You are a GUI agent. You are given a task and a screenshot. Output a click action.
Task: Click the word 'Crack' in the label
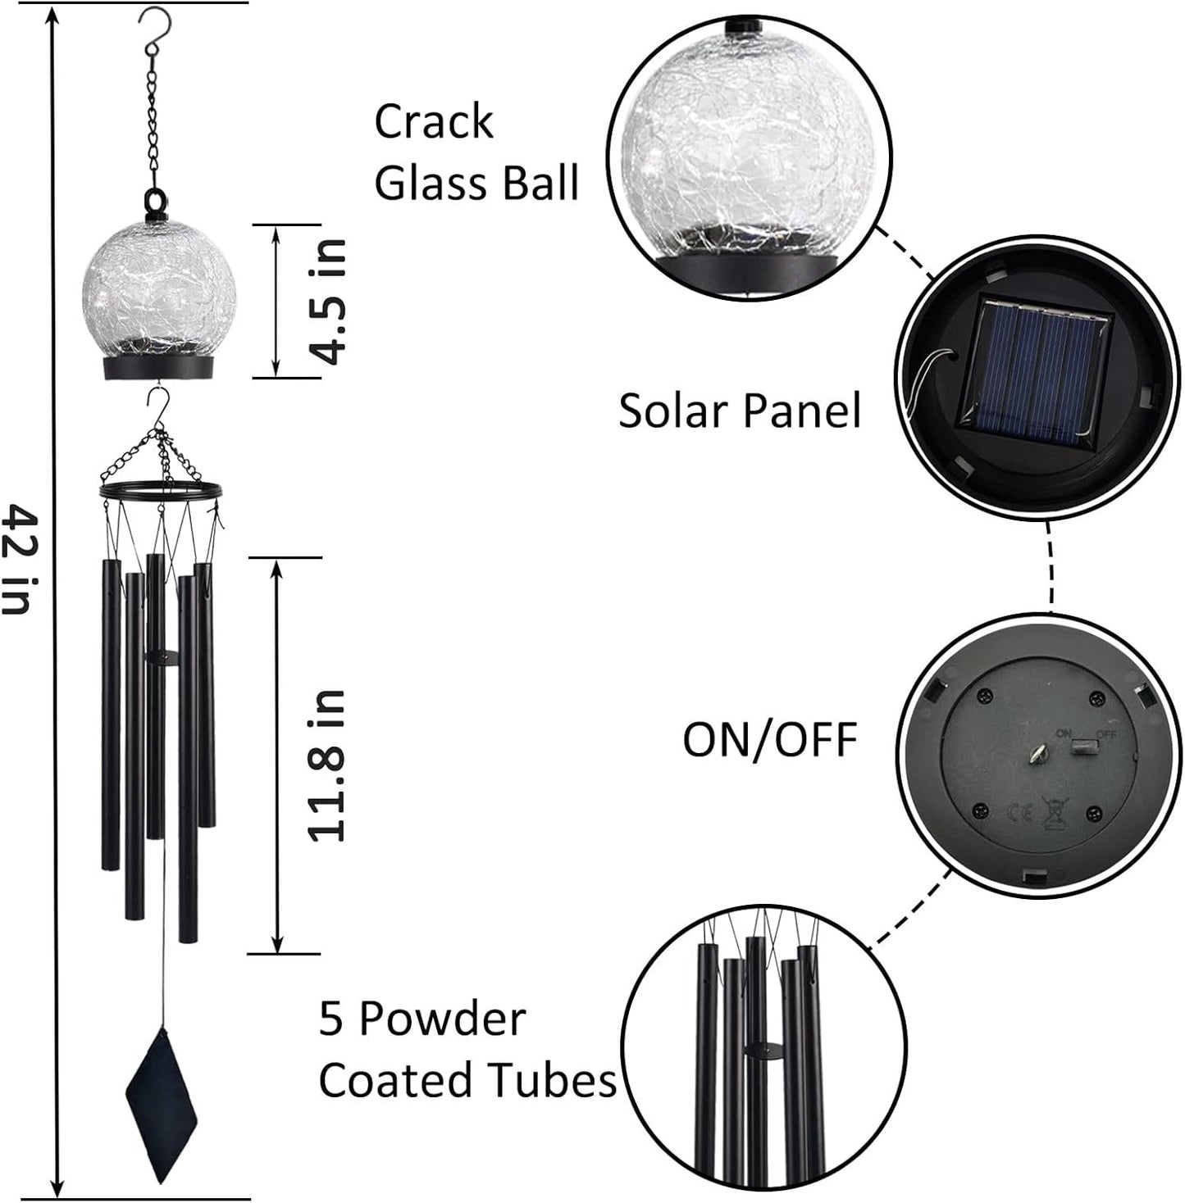point(434,122)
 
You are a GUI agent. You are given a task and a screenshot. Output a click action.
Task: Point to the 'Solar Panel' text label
point(739,410)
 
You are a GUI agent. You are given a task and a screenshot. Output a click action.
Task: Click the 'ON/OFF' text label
point(769,740)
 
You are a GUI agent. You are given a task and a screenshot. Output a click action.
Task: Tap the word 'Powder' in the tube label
point(442,1020)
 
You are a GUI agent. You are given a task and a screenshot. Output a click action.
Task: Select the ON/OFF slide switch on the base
point(1085,747)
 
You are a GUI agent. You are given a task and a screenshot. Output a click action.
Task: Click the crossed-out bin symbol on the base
point(1052,810)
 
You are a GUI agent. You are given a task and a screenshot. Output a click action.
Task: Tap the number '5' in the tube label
point(330,1020)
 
